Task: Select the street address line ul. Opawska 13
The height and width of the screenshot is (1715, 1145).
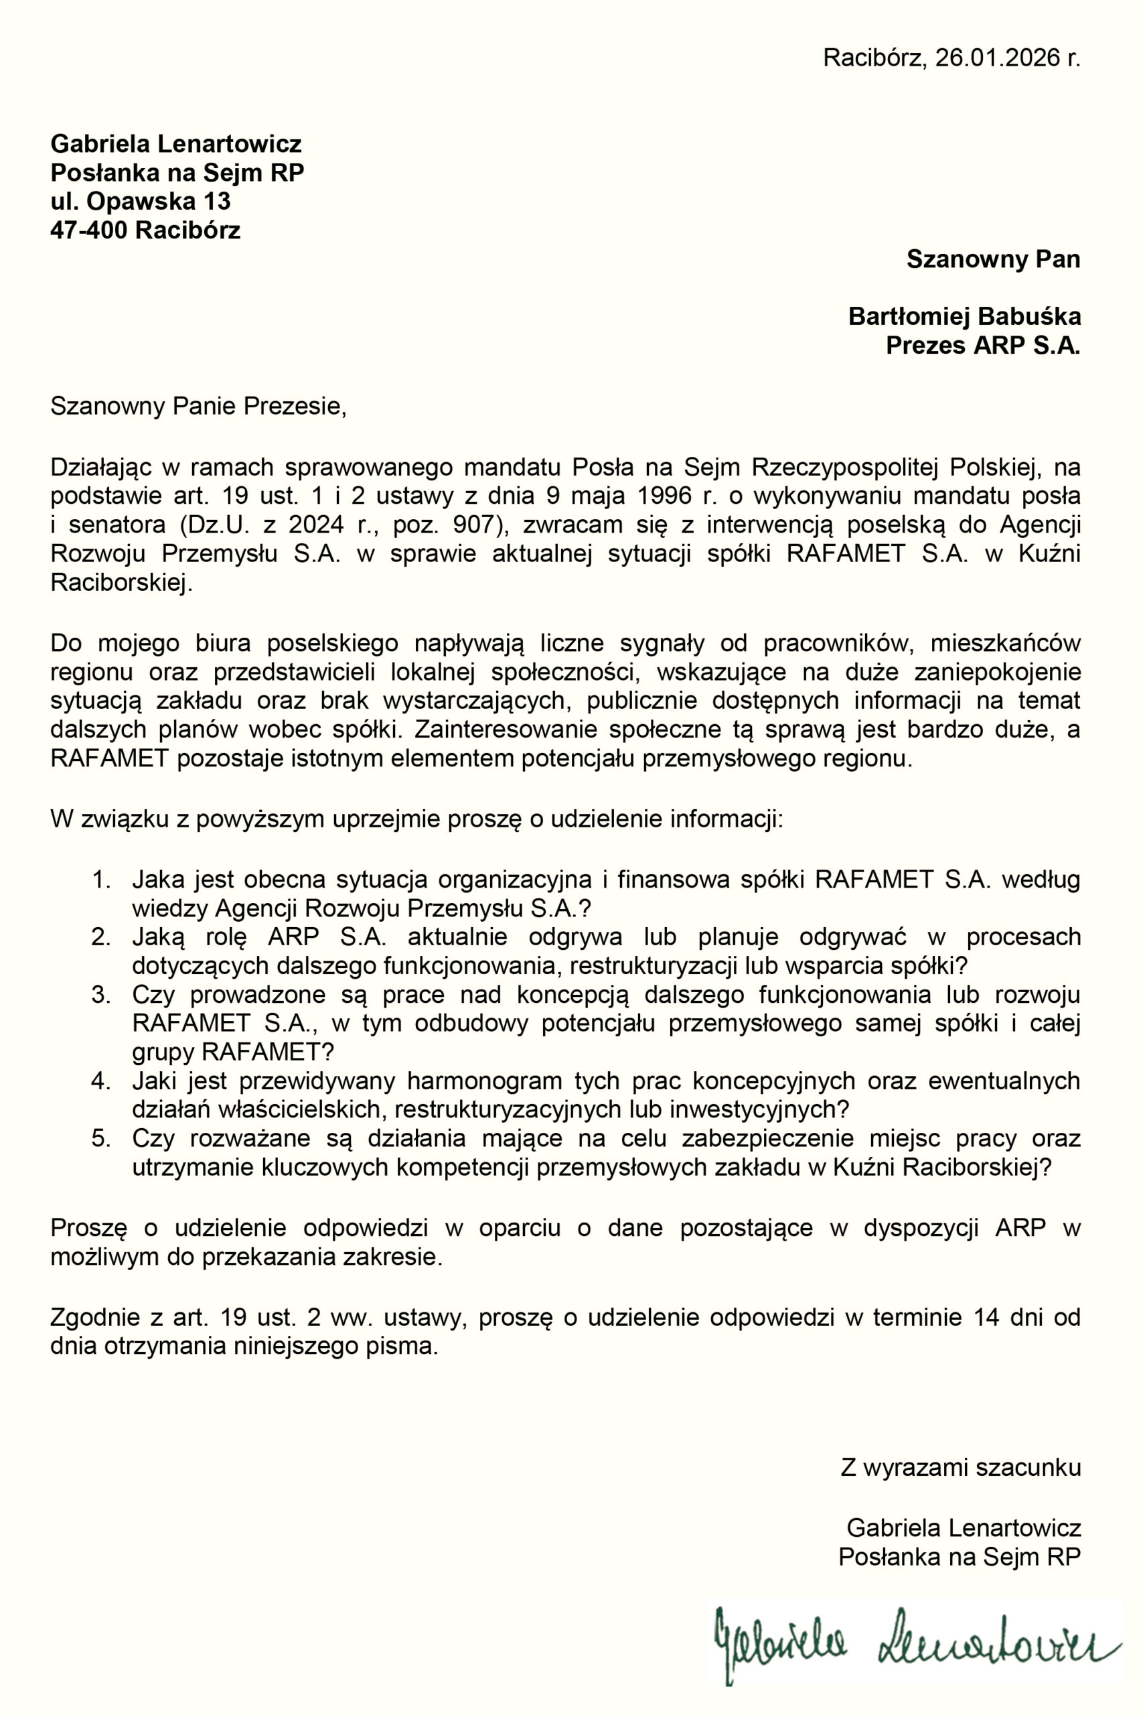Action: coord(140,201)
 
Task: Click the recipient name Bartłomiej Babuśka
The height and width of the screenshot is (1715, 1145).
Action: coord(964,316)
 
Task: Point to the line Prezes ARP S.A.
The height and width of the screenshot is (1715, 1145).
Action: coord(982,345)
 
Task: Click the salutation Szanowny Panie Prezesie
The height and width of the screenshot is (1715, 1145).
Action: coord(198,405)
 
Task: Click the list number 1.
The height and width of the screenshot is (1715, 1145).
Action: coord(100,880)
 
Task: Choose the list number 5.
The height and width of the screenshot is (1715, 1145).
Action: coord(100,1138)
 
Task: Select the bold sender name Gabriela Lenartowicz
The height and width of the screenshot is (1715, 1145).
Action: coord(176,143)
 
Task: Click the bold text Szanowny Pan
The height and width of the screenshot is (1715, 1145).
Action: coord(992,259)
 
